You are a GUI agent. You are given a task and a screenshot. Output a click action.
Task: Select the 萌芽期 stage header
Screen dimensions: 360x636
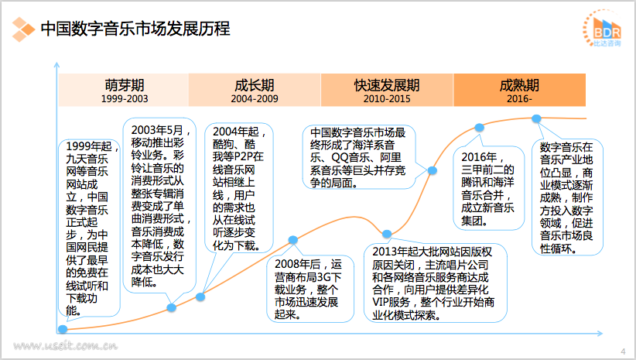click(124, 84)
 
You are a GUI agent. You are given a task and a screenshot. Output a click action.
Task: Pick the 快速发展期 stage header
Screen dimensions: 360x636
click(387, 84)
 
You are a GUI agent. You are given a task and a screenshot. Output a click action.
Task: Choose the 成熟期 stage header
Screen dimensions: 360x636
click(519, 84)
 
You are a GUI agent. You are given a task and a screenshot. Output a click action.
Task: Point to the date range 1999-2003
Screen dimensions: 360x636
click(124, 99)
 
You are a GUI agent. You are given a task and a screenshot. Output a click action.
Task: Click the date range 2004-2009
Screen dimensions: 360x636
click(254, 99)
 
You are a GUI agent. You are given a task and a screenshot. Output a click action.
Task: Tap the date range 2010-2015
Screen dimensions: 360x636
click(387, 99)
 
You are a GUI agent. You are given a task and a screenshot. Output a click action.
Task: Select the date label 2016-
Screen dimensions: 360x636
click(519, 99)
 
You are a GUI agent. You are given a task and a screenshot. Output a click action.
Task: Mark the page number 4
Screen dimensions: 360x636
click(623, 351)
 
